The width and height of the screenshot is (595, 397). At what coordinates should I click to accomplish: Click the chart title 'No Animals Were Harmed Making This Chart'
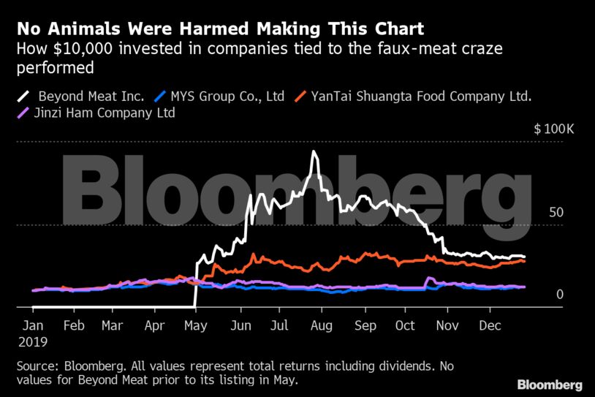click(220, 30)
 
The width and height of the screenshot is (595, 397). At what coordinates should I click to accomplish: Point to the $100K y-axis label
click(554, 129)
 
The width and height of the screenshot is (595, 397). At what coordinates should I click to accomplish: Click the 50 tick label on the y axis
click(556, 213)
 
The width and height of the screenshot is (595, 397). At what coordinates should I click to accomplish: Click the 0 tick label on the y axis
click(560, 294)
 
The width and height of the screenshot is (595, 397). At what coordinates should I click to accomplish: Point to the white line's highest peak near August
click(314, 152)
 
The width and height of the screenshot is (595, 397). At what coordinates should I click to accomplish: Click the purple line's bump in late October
click(429, 279)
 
